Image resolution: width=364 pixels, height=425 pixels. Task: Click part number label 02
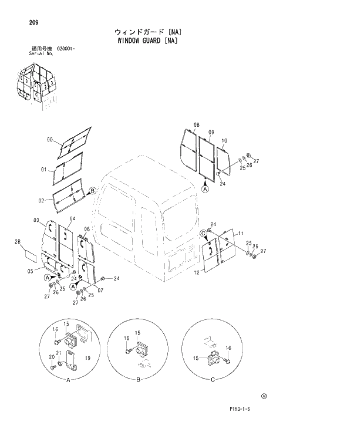(42, 201)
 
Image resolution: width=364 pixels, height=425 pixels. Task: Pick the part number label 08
(196, 125)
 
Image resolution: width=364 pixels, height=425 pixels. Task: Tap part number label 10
(225, 141)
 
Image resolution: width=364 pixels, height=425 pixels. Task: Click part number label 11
(239, 234)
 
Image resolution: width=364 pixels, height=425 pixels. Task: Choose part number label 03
(36, 220)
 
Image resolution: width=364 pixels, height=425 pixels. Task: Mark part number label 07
(100, 291)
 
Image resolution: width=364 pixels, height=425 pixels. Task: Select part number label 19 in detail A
(87, 357)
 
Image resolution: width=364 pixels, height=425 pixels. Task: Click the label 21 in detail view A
(58, 353)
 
